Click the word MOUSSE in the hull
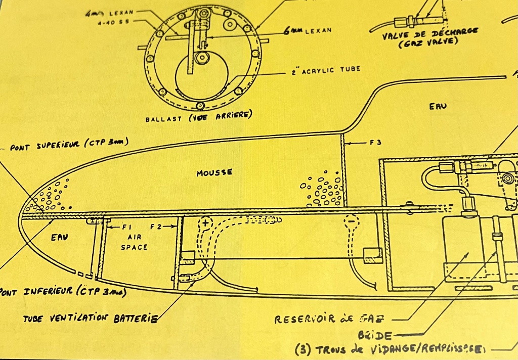pos(214,173)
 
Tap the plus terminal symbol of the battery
pos(205,222)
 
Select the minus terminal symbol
pos(351,221)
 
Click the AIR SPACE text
pos(134,242)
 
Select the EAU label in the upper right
pos(438,107)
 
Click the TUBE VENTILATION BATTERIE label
pos(91,319)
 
